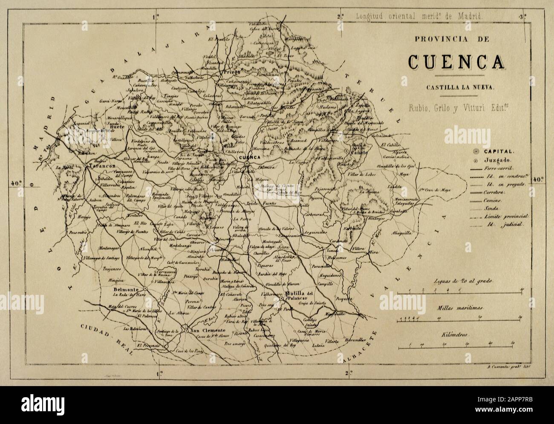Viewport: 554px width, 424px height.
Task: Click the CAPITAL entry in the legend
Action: [x=499, y=151]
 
